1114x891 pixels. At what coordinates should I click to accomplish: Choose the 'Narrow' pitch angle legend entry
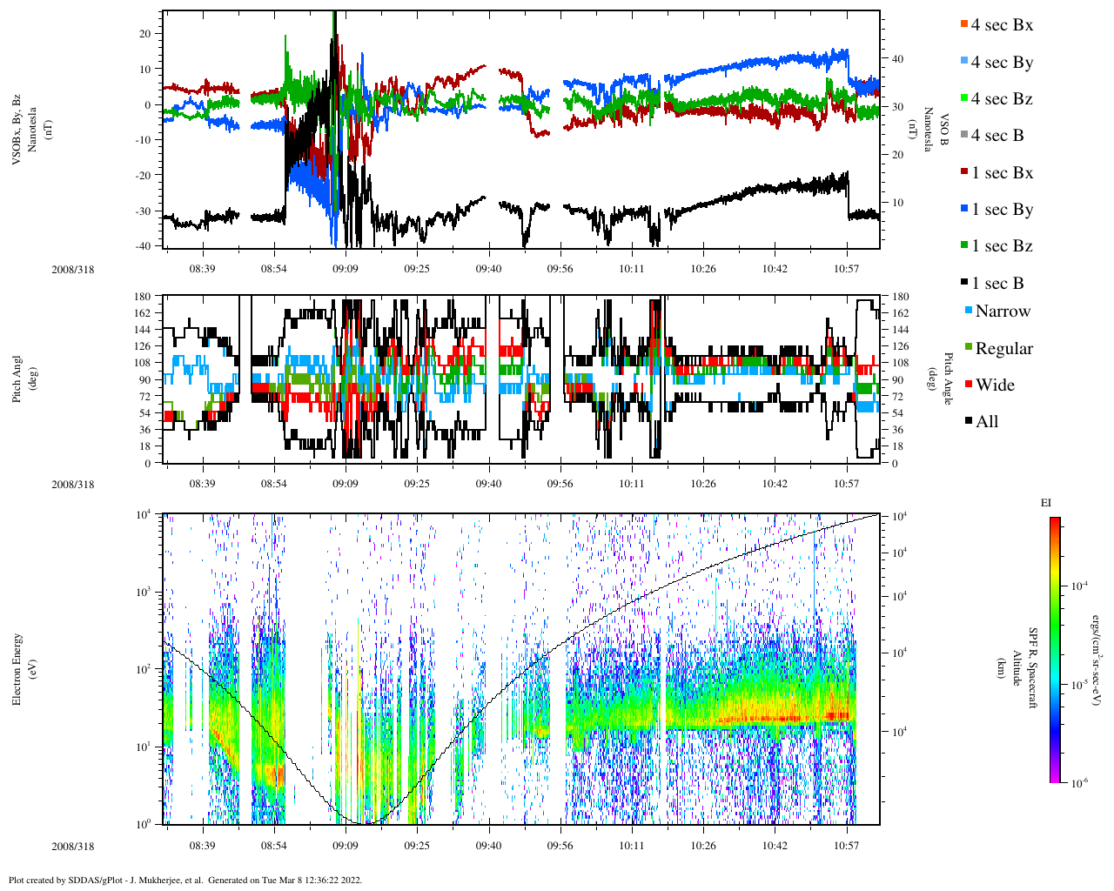pos(1002,312)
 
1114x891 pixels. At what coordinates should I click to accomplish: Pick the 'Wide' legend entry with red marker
pos(994,385)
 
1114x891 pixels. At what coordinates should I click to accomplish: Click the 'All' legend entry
pos(986,422)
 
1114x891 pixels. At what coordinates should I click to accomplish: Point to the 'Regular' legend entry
pos(1003,349)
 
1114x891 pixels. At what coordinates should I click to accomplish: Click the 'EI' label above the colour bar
pos(1047,503)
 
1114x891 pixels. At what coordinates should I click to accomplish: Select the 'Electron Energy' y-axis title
pos(17,668)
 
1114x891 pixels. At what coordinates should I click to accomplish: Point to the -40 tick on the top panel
pos(142,246)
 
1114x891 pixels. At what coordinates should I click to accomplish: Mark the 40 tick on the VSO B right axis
pos(896,59)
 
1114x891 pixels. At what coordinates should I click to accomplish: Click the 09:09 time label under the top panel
pos(346,269)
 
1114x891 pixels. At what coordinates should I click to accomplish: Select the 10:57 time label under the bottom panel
pos(847,846)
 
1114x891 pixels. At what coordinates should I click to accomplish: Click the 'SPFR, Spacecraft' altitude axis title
pos(1033,668)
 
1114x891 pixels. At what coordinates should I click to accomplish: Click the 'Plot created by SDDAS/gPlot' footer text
pos(185,880)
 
